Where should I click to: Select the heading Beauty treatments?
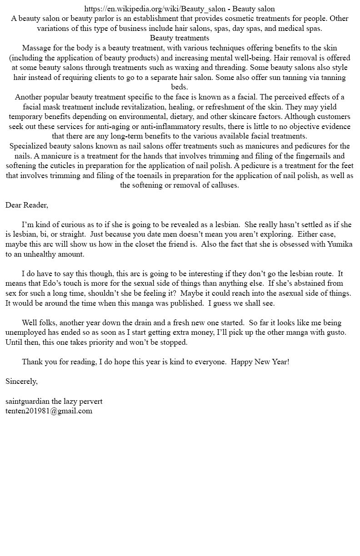pyautogui.click(x=180, y=38)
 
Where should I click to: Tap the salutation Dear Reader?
pyautogui.click(x=26, y=205)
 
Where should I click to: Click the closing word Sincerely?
pyautogui.click(x=21, y=381)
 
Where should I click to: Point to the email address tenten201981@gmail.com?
pyautogui.click(x=49, y=411)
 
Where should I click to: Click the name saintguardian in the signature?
pyautogui.click(x=27, y=401)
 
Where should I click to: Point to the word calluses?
pyautogui.click(x=224, y=185)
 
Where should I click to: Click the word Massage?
pyautogui.click(x=37, y=48)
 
